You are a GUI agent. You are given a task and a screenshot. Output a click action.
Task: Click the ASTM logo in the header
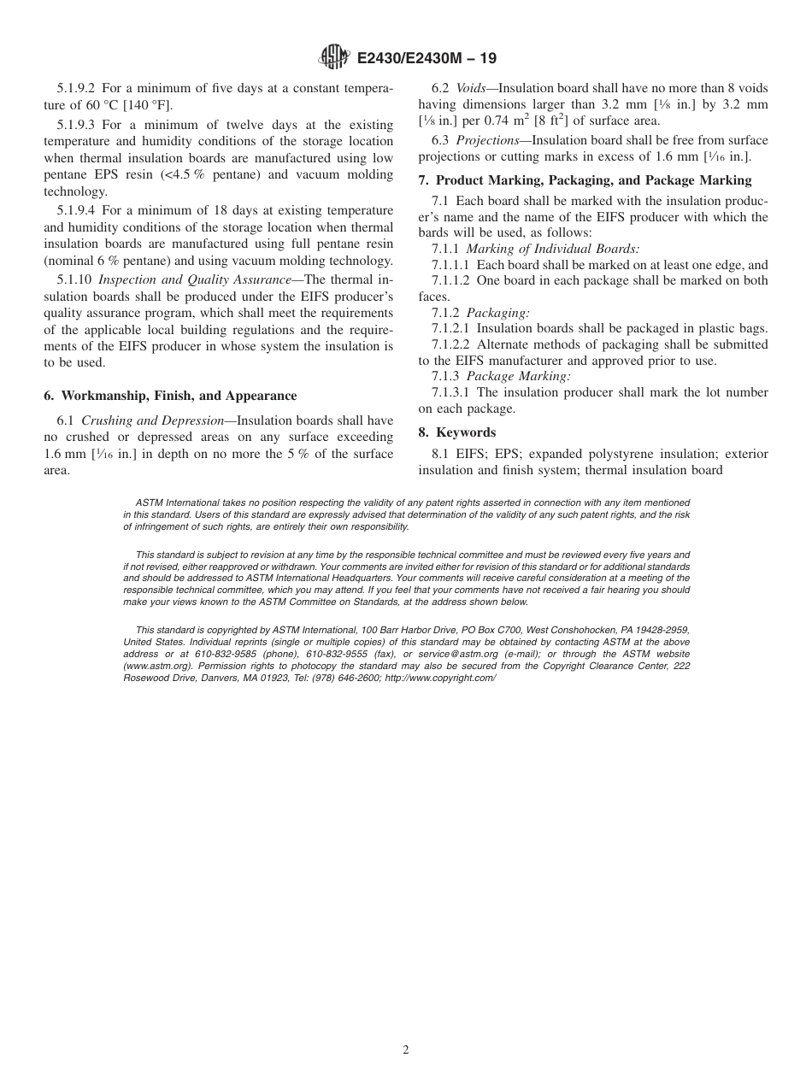pyautogui.click(x=333, y=58)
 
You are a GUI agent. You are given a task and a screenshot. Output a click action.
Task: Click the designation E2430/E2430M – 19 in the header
pyautogui.click(x=426, y=59)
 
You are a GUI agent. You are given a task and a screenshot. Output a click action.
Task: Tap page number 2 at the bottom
pyautogui.click(x=406, y=1050)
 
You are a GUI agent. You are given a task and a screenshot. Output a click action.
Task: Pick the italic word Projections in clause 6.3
pyautogui.click(x=487, y=140)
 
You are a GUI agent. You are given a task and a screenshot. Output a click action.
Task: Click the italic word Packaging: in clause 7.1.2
pyautogui.click(x=498, y=313)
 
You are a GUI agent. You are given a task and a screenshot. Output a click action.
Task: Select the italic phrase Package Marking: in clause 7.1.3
pyautogui.click(x=518, y=376)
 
